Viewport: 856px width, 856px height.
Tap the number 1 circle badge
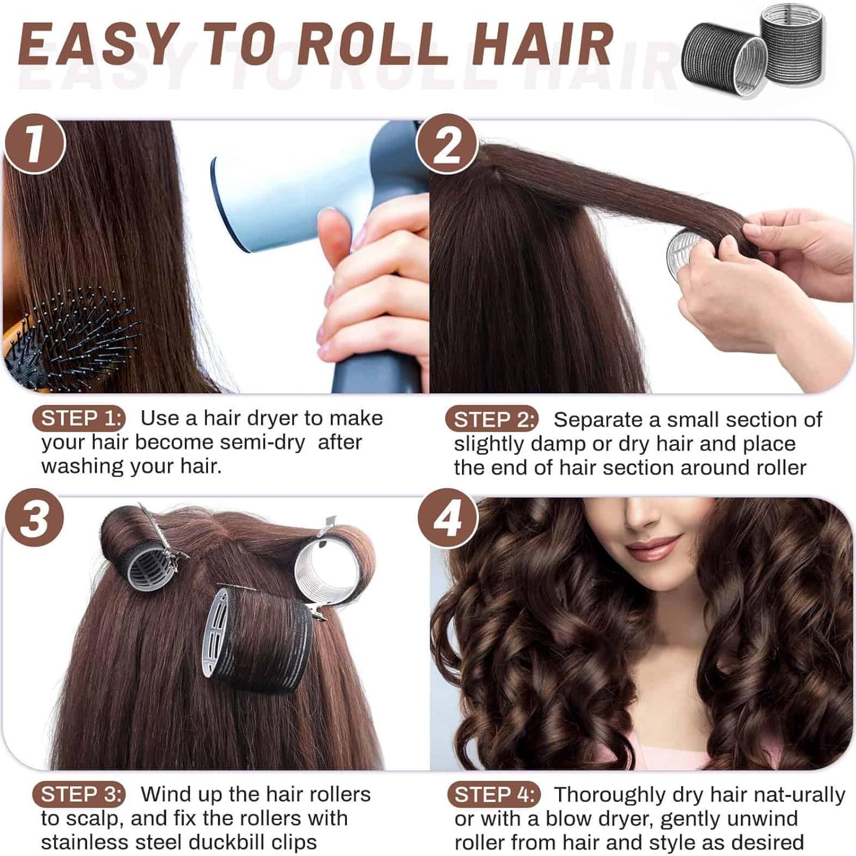point(34,144)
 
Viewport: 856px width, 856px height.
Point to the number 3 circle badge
point(34,518)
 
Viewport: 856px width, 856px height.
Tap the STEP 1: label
point(82,418)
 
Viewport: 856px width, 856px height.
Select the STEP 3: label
point(82,794)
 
